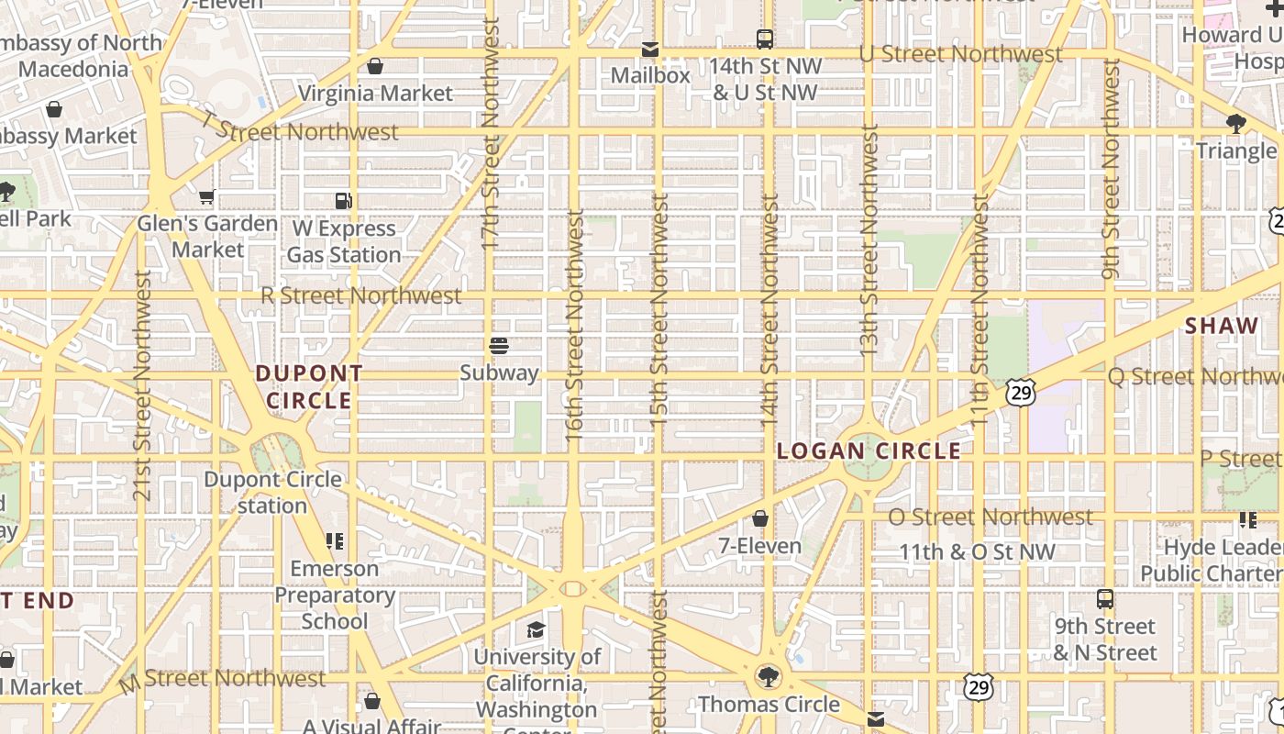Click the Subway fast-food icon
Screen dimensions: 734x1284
click(x=499, y=346)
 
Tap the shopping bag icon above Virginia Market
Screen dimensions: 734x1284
click(x=375, y=66)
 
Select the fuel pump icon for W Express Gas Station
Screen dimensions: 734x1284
click(x=344, y=201)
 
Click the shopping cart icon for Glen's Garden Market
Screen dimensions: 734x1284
click(x=207, y=196)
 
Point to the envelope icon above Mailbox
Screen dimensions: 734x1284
click(x=650, y=49)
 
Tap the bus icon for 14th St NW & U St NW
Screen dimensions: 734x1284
click(x=765, y=39)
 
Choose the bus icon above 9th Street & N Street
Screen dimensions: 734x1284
click(x=1105, y=599)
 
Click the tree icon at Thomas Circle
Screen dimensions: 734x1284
click(x=769, y=677)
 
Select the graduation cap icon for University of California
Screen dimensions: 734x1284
click(x=537, y=629)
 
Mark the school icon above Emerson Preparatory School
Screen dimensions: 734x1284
click(x=335, y=541)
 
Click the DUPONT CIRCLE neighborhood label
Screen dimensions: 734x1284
click(x=309, y=387)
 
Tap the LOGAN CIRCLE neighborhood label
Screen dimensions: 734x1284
click(x=869, y=451)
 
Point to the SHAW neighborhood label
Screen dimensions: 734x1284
click(x=1222, y=326)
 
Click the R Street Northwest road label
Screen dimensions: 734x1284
click(x=361, y=295)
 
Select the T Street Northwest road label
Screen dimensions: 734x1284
click(x=299, y=131)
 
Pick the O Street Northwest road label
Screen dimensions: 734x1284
click(x=991, y=517)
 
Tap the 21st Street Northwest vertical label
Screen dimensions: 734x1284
click(x=141, y=385)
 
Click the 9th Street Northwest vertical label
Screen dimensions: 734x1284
click(x=1111, y=170)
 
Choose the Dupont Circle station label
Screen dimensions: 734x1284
click(x=273, y=493)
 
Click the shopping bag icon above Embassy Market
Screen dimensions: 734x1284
click(x=54, y=109)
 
